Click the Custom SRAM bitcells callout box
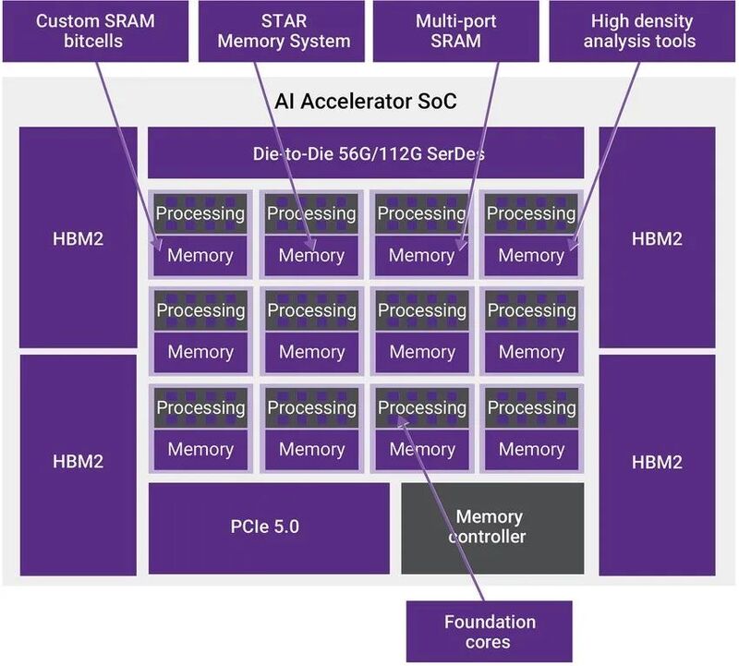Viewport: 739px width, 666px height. click(95, 31)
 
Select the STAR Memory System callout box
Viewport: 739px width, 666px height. click(282, 31)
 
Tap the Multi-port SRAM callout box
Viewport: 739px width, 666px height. click(455, 31)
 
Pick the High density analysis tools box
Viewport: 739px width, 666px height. click(641, 31)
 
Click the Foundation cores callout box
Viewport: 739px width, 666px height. click(490, 631)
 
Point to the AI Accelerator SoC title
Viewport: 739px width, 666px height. click(366, 102)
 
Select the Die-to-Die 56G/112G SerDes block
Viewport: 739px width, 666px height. click(366, 152)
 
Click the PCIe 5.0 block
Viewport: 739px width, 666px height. click(269, 527)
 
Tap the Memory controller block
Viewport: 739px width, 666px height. click(492, 527)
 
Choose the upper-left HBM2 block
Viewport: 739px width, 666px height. click(79, 237)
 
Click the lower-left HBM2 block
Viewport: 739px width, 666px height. click(79, 466)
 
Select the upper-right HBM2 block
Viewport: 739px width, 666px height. click(657, 237)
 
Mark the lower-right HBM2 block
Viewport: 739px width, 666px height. click(657, 466)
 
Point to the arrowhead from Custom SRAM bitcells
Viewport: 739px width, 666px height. click(156, 245)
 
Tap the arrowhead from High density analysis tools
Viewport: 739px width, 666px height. click(572, 245)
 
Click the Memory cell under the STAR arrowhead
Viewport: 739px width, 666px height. click(311, 256)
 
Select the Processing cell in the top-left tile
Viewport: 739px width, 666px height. click(200, 213)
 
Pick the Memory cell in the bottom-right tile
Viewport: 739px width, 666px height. click(532, 449)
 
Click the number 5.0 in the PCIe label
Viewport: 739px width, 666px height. click(285, 527)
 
